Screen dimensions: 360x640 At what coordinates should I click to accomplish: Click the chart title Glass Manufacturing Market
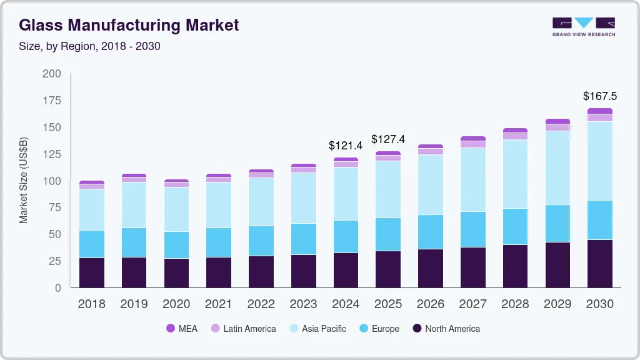(x=129, y=26)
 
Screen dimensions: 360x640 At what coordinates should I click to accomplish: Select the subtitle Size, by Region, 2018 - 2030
(x=90, y=46)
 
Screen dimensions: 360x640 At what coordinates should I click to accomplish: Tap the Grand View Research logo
(x=583, y=26)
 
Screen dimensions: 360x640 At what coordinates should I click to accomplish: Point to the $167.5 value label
(x=599, y=96)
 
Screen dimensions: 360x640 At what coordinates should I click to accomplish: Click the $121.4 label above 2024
(x=346, y=146)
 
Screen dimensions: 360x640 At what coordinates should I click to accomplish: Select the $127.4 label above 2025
(x=388, y=139)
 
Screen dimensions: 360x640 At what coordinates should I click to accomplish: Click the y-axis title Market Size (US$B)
(x=24, y=180)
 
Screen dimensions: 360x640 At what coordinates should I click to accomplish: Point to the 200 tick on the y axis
(x=52, y=74)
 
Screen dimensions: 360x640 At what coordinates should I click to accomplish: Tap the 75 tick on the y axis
(x=55, y=207)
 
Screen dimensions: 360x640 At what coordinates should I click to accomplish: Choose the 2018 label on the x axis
(x=92, y=304)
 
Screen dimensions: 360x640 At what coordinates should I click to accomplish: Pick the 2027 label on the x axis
(x=472, y=304)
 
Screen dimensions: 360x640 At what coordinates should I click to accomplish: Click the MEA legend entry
(x=181, y=329)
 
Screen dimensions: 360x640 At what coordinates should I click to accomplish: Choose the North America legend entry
(x=446, y=329)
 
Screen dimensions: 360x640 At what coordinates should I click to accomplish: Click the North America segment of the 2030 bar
(x=599, y=264)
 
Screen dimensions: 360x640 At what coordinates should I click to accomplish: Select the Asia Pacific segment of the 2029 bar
(x=557, y=167)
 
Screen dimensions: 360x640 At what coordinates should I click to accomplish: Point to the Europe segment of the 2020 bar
(x=176, y=245)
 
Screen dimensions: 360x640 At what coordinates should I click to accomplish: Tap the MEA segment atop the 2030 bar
(x=599, y=111)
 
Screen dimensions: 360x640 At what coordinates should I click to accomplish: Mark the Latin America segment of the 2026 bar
(x=430, y=151)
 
